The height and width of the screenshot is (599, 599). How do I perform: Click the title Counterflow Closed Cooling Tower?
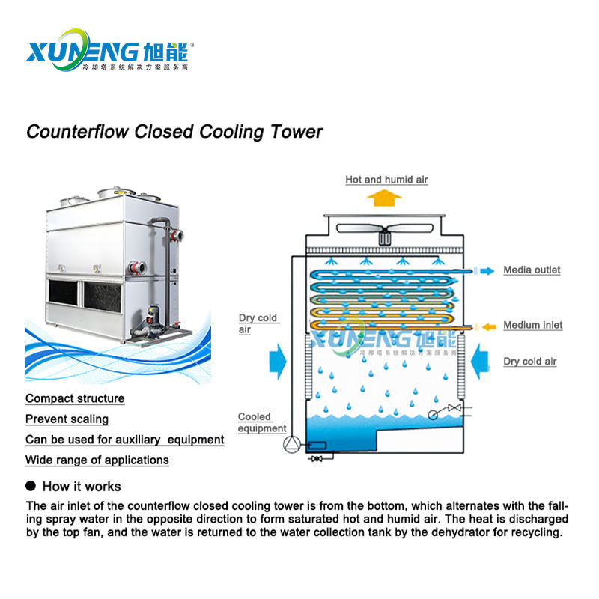pyautogui.click(x=174, y=132)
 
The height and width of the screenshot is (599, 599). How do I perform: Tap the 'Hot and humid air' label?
pyautogui.click(x=386, y=180)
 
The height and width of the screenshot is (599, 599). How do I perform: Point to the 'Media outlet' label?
pyautogui.click(x=532, y=270)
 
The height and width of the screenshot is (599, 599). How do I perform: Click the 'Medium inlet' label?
pyautogui.click(x=532, y=325)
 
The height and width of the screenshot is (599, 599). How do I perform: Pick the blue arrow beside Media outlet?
pyautogui.click(x=487, y=270)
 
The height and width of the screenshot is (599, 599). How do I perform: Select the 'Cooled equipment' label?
pyautogui.click(x=261, y=422)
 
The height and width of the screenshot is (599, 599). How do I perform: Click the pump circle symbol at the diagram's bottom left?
pyautogui.click(x=291, y=446)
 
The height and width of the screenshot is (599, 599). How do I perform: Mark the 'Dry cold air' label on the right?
pyautogui.click(x=530, y=362)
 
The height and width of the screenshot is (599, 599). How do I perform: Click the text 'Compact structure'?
pyautogui.click(x=75, y=398)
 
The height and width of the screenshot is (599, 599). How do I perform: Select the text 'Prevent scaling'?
pyautogui.click(x=67, y=419)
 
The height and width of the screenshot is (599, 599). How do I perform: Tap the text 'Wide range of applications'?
pyautogui.click(x=97, y=460)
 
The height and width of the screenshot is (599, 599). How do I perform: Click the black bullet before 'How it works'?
pyautogui.click(x=31, y=486)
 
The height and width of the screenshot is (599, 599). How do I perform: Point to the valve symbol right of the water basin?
pyautogui.click(x=452, y=408)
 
